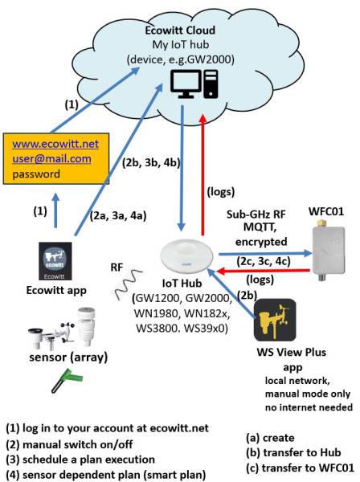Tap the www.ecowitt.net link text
[x=55, y=144]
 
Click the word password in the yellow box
[x=36, y=173]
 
